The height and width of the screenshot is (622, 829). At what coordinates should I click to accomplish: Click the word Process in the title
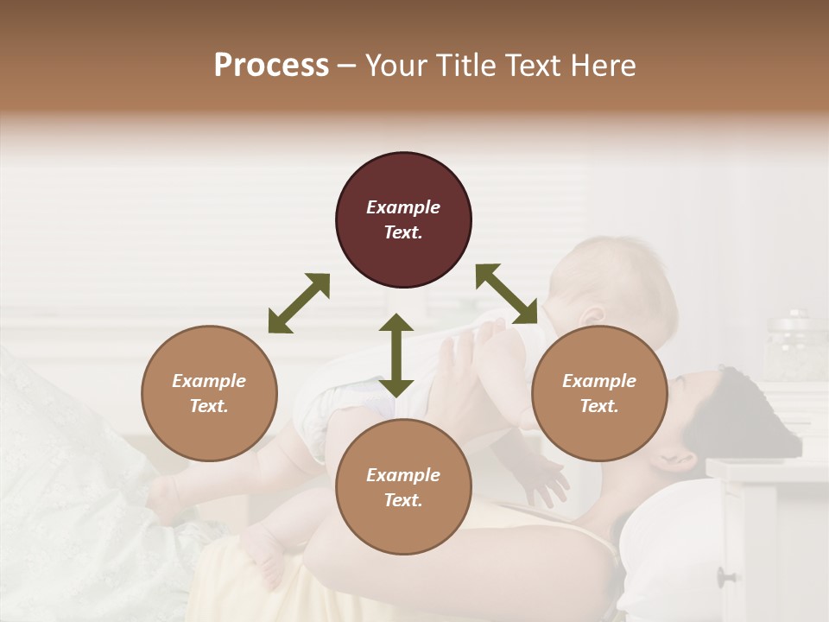pyautogui.click(x=271, y=66)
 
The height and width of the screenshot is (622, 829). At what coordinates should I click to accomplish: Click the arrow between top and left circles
pyautogui.click(x=299, y=303)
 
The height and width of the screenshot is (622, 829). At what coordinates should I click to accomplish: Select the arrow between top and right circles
pyautogui.click(x=506, y=294)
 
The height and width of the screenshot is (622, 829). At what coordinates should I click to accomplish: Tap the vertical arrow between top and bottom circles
pyautogui.click(x=396, y=355)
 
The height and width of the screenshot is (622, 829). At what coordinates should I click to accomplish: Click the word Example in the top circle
pyautogui.click(x=403, y=207)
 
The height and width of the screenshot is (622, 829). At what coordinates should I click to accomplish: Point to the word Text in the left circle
pyautogui.click(x=209, y=406)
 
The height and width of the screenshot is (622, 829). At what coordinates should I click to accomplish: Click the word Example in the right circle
pyautogui.click(x=599, y=381)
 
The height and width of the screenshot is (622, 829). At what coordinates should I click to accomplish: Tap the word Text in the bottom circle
pyautogui.click(x=403, y=500)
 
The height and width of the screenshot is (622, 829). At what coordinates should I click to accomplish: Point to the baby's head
pyautogui.click(x=613, y=285)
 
